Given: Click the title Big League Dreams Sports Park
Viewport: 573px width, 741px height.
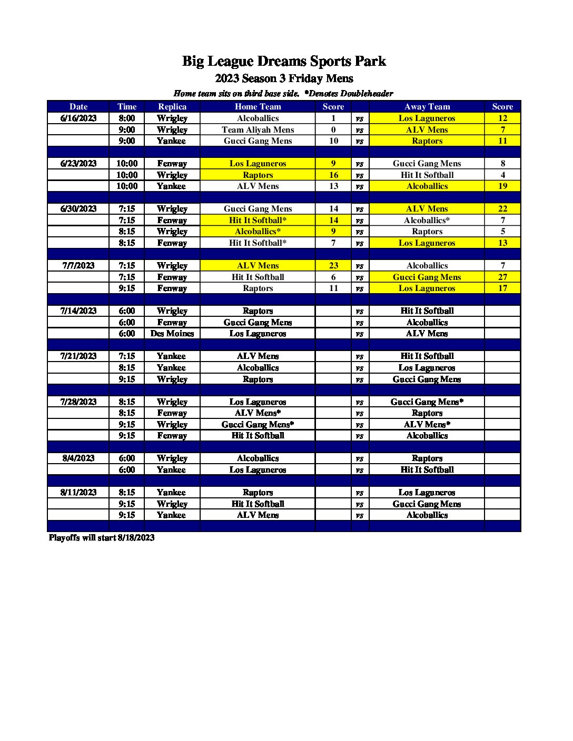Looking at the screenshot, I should point(284,61).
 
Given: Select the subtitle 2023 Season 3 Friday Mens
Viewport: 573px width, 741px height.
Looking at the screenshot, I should point(284,78).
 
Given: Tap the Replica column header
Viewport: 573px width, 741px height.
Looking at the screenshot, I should point(172,106).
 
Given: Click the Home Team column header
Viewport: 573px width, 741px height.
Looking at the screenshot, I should point(258,106).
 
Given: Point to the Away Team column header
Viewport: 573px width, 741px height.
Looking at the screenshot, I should point(427,106).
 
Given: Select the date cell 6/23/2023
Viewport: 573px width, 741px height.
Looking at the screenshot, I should point(78,163).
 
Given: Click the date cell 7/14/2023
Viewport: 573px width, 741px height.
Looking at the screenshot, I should point(78,311).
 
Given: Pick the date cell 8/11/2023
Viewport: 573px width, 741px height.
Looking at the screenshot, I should point(78,492).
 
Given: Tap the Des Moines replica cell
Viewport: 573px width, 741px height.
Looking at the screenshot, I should point(172,333).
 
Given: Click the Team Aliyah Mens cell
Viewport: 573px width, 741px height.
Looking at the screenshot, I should point(258,129).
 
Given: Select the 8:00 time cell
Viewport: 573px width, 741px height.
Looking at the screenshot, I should point(127,118).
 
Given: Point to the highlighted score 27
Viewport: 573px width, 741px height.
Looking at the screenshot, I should point(502,277).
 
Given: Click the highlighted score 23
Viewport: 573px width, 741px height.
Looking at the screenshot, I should point(333,265).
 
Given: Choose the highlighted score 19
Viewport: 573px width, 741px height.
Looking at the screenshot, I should point(502,186).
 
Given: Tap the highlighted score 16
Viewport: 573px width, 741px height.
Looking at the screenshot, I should point(333,175).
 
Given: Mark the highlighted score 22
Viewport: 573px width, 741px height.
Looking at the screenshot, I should point(502,208).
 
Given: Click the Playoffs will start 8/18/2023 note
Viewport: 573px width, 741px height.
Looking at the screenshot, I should point(102,537).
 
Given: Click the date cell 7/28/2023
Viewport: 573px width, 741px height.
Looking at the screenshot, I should point(78,402).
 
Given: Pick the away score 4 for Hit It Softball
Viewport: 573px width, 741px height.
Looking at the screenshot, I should point(502,175).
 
